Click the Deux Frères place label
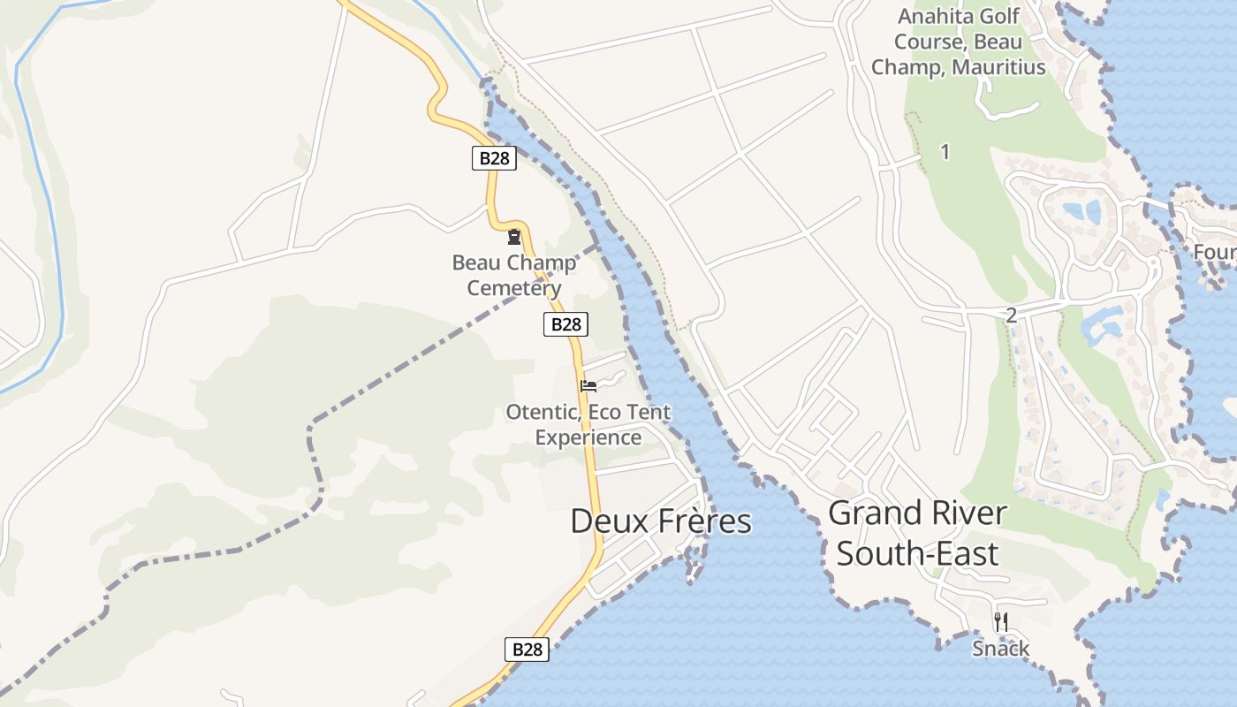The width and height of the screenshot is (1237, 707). (x=661, y=521)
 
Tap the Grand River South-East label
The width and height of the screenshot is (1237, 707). (x=918, y=533)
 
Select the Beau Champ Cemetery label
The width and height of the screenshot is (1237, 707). (x=513, y=275)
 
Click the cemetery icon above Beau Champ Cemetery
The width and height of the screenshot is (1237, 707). (x=513, y=237)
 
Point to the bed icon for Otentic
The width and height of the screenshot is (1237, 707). (x=588, y=386)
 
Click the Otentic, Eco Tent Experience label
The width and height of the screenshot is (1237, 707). (x=588, y=424)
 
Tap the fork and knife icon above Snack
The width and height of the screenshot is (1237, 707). (x=1000, y=622)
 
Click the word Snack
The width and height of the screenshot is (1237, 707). (x=1000, y=649)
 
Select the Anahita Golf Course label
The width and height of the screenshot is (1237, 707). (x=958, y=42)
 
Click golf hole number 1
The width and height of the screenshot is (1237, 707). (x=945, y=152)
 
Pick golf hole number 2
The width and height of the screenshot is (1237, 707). (x=1011, y=315)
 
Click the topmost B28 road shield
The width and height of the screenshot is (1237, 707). (x=494, y=158)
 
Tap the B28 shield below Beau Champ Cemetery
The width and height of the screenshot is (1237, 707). (x=565, y=324)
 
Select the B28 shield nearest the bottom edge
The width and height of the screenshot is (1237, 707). (x=527, y=650)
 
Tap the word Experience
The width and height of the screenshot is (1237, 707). (x=588, y=437)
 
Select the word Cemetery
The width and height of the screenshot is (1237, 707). (x=513, y=288)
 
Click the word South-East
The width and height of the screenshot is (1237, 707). (x=917, y=554)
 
